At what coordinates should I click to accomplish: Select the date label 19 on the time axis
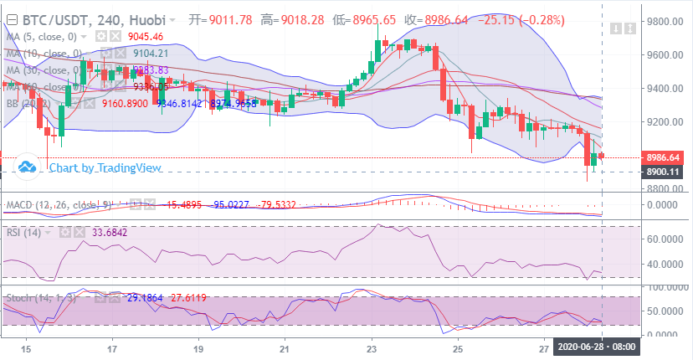(198, 347)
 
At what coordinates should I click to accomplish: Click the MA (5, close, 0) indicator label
(42, 37)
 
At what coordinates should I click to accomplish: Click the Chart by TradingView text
(105, 167)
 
